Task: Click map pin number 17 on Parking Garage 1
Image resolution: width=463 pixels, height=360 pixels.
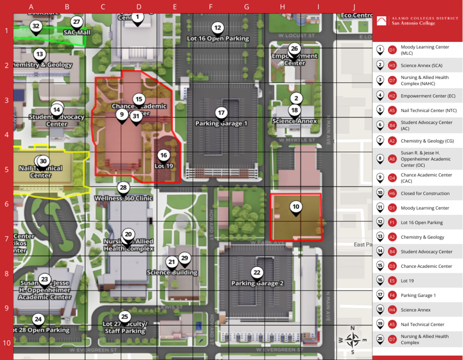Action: pos(221,113)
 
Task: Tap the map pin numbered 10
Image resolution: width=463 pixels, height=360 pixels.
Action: pos(296,207)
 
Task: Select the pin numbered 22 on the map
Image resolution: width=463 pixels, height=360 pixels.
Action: pos(257,273)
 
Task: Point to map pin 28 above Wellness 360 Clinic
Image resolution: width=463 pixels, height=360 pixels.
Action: pos(123,188)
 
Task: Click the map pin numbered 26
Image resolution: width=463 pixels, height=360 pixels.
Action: pos(294,49)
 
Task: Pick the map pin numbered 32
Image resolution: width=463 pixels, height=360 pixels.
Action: pos(36,27)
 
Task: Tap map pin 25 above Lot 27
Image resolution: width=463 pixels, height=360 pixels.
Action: pos(124,317)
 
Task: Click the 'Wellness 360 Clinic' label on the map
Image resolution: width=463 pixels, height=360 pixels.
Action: pos(123,198)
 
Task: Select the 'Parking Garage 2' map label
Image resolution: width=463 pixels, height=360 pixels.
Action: pos(257,284)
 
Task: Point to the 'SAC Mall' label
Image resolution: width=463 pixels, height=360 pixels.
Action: pos(77,33)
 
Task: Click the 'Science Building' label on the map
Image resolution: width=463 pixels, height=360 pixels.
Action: pos(172,272)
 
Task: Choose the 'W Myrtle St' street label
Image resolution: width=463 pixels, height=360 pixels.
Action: pos(297,140)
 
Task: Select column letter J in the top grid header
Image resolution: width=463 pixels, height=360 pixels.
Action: pos(354,7)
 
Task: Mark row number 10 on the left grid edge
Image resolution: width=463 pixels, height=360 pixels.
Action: pos(6,342)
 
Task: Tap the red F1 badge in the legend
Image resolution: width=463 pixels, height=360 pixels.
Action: pos(392,223)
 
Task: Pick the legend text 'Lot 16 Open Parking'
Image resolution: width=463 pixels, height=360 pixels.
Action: pos(421,223)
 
